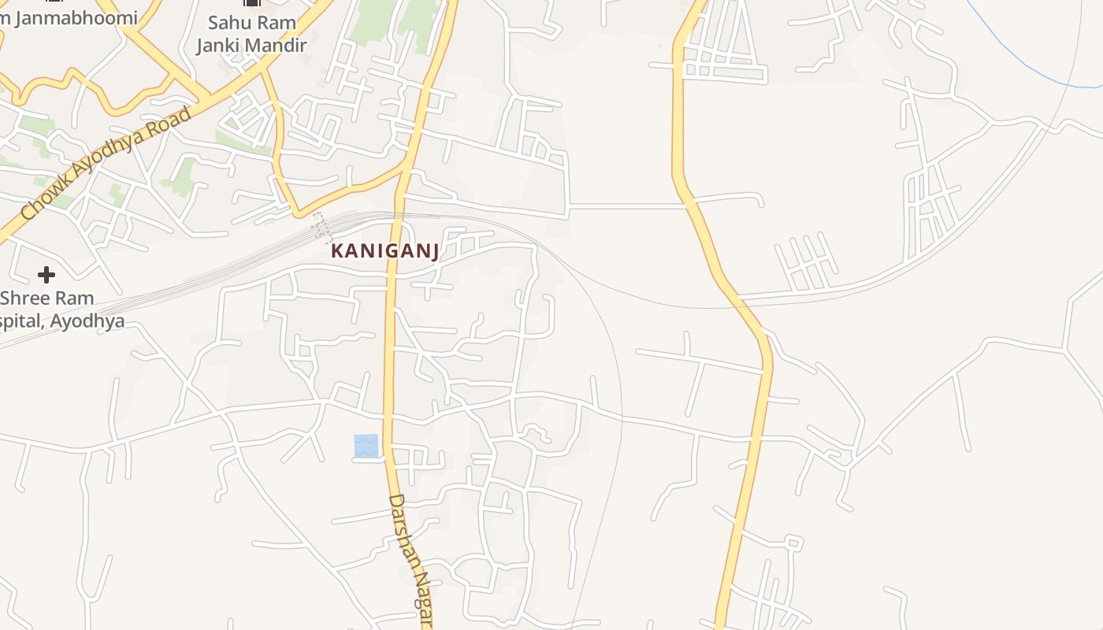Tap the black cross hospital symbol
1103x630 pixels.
point(46,275)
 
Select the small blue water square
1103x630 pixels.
point(366,446)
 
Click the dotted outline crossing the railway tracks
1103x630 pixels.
point(321,226)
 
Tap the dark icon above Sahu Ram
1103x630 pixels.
point(252,3)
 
